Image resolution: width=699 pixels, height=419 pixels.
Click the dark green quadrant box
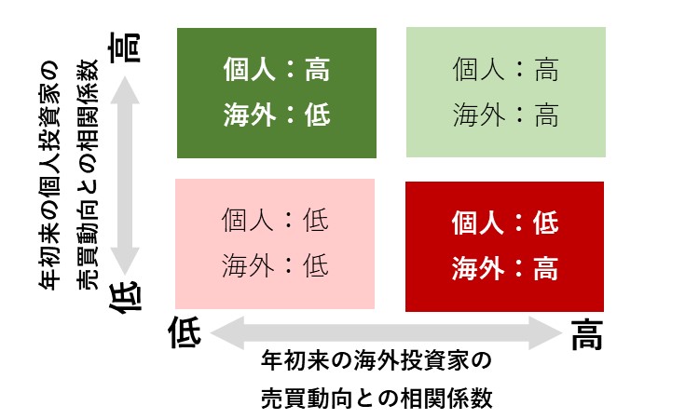pyautogui.click(x=277, y=93)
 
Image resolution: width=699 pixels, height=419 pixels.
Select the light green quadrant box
pyautogui.click(x=505, y=92)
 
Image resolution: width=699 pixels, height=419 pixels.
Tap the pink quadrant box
pyautogui.click(x=275, y=244)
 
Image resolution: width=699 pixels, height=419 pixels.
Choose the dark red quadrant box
pyautogui.click(x=504, y=247)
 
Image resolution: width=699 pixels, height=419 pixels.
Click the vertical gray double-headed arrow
pyautogui.click(x=125, y=175)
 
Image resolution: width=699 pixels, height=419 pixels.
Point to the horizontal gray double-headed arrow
pyautogui.click(x=386, y=333)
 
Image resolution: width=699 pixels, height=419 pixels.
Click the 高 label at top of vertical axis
pyautogui.click(x=125, y=47)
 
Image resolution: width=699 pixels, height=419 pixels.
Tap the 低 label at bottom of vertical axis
pyautogui.click(x=125, y=297)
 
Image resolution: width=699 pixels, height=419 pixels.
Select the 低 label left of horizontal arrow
pyautogui.click(x=185, y=332)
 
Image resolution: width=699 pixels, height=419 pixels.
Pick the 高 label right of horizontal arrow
pyautogui.click(x=586, y=334)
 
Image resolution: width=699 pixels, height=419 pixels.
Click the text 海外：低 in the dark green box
pyautogui.click(x=277, y=115)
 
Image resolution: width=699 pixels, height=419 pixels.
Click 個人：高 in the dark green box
pyautogui.click(x=277, y=70)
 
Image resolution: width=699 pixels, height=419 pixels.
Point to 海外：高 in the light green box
pyautogui.click(x=505, y=115)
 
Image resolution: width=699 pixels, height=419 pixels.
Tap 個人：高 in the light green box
pyautogui.click(x=505, y=70)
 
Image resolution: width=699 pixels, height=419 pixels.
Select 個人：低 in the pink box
pyautogui.click(x=275, y=220)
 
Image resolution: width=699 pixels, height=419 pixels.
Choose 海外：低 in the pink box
pyautogui.click(x=275, y=265)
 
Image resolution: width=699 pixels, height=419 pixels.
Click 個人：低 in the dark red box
pyautogui.click(x=505, y=223)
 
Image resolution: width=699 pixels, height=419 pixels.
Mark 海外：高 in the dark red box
pyautogui.click(x=505, y=268)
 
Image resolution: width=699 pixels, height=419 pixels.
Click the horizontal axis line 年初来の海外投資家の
pyautogui.click(x=377, y=360)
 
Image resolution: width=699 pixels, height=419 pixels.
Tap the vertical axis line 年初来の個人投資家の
pyautogui.click(x=49, y=175)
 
